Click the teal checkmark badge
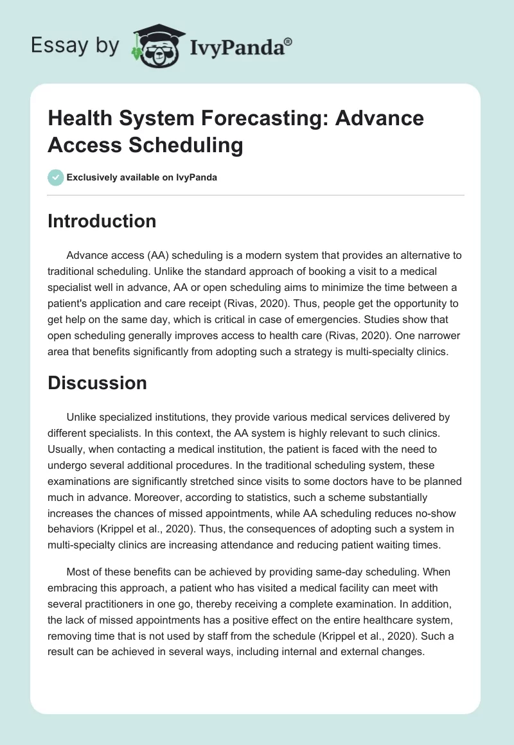click(x=56, y=177)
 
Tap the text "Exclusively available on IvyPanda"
click(x=142, y=177)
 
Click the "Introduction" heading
click(x=102, y=221)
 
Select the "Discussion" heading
click(x=98, y=383)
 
